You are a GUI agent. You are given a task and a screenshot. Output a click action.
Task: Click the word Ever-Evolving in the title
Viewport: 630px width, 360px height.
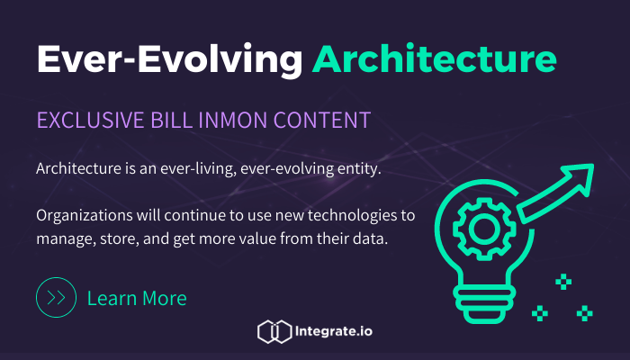tap(168, 59)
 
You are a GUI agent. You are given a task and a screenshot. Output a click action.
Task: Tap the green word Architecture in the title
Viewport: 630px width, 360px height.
tap(434, 59)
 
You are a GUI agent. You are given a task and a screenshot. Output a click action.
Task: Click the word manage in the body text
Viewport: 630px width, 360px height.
tap(65, 239)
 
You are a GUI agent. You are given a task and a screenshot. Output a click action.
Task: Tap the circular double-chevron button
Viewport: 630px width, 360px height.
tap(55, 298)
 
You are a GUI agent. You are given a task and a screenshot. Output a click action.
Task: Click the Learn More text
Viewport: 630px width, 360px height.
tap(137, 298)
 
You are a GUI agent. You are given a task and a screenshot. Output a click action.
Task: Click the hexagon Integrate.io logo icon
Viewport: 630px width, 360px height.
tap(273, 332)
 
